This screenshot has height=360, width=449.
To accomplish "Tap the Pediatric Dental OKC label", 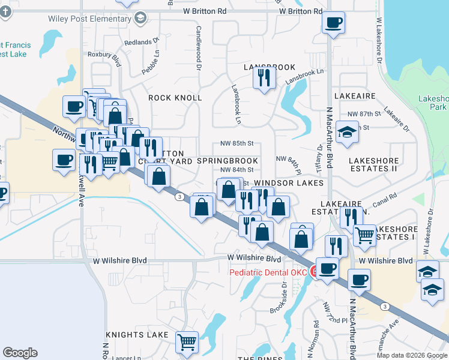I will pos(268,273).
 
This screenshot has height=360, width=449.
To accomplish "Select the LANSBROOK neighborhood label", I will pos(270,67).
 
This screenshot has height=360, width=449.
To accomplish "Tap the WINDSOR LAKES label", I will pos(289,182).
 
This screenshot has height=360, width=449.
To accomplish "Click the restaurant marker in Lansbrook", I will pos(264,77).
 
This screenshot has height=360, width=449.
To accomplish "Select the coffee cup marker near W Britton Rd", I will pos(333,23).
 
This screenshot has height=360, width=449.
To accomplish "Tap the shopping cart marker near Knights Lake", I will pos(187,342).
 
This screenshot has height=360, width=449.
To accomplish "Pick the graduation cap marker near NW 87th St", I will pos(348,132).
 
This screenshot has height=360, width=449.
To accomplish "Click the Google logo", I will pos(20,353).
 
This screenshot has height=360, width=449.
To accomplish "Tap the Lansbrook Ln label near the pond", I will pos(304,76).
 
